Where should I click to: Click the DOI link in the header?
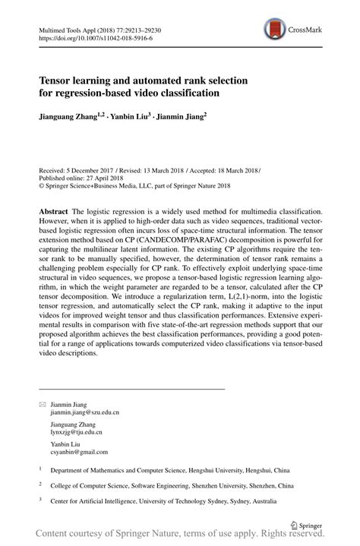(x=83, y=36)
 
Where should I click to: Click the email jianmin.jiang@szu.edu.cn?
(x=86, y=415)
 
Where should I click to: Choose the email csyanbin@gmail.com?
(x=79, y=450)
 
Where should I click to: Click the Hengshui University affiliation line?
(x=185, y=470)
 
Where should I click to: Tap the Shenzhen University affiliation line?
(x=172, y=485)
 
